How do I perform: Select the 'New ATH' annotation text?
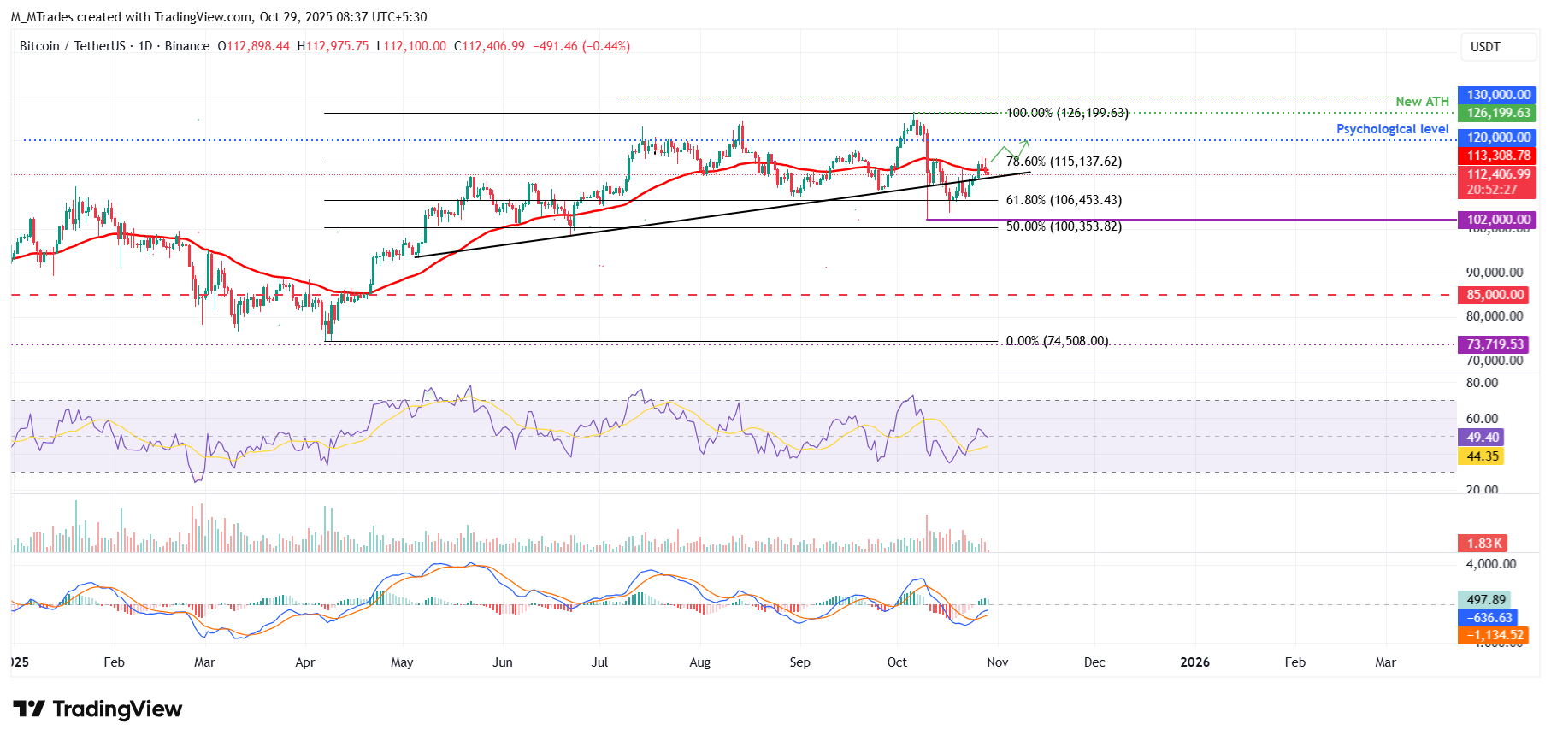coord(1422,102)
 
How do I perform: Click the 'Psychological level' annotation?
coord(1392,129)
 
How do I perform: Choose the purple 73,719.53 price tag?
coord(1495,344)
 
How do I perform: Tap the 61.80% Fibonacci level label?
coord(1064,200)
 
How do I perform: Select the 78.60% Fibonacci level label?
coord(1064,162)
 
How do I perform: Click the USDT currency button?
coord(1486,47)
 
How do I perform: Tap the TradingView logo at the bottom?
coord(97,709)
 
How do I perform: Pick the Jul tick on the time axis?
coord(599,662)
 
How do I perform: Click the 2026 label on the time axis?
coord(1194,662)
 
